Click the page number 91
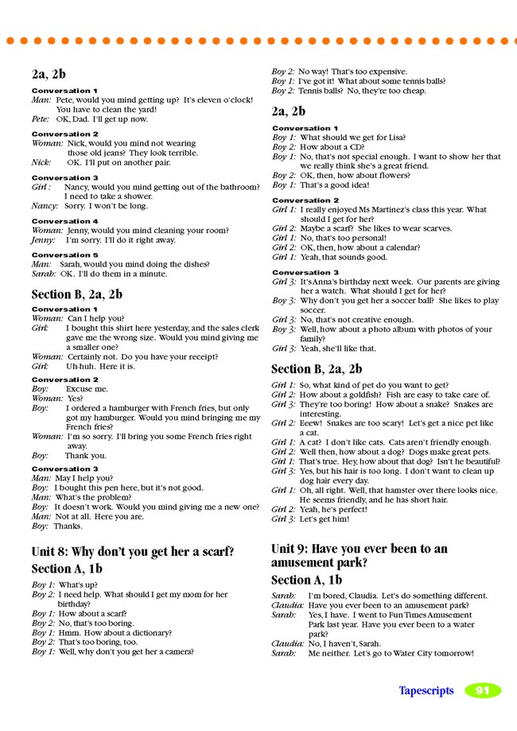[x=483, y=690]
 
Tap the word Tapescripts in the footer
[x=426, y=690]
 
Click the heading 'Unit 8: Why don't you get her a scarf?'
[x=133, y=551]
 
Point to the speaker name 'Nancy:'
[x=45, y=205]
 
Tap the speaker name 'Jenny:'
[x=43, y=239]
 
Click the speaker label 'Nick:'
[x=41, y=161]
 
